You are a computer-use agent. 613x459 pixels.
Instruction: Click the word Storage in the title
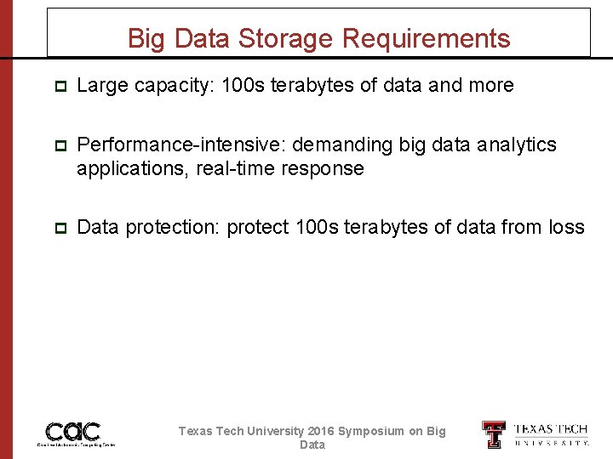[x=288, y=39]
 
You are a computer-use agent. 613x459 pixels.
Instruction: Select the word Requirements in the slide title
[x=426, y=39]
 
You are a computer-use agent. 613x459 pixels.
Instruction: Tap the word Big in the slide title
[x=146, y=39]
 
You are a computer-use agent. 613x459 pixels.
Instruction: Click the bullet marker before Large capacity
[x=59, y=87]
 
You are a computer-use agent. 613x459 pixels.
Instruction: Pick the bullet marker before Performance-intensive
[x=59, y=146]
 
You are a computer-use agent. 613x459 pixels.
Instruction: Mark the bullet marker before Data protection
[x=59, y=229]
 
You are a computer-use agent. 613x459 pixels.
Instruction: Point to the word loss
[x=566, y=228]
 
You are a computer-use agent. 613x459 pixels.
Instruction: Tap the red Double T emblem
[x=493, y=434]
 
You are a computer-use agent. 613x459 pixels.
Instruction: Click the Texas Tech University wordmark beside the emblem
[x=551, y=434]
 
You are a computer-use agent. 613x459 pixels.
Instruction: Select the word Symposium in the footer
[x=371, y=431]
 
